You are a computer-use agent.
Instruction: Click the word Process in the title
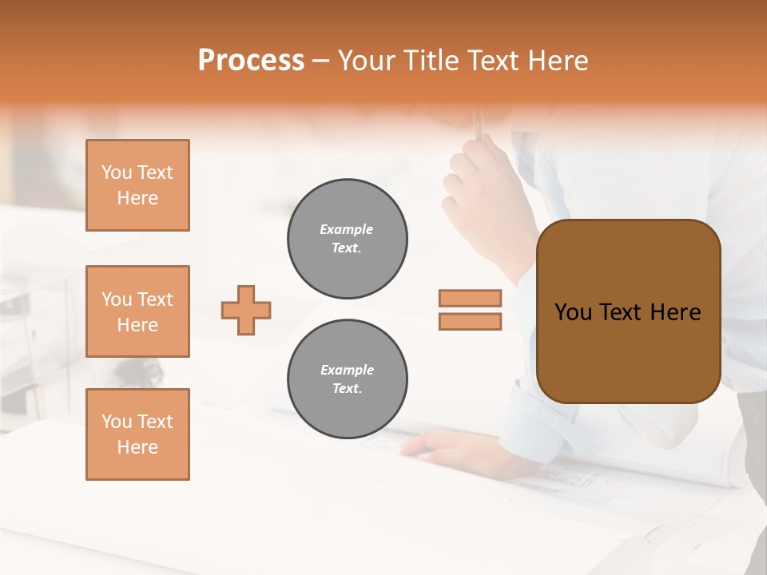click(x=251, y=61)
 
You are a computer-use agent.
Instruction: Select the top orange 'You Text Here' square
click(x=137, y=185)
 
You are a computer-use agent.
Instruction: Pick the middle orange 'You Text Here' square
click(x=137, y=311)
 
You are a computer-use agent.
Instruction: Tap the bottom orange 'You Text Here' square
click(x=137, y=434)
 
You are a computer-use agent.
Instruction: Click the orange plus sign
click(x=246, y=310)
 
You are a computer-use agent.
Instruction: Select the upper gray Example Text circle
click(x=348, y=239)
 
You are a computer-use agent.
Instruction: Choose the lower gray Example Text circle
click(x=348, y=379)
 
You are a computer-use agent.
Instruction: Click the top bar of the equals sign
click(x=471, y=298)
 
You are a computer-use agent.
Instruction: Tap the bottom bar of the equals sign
click(x=471, y=321)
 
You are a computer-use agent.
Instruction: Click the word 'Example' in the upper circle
click(x=347, y=229)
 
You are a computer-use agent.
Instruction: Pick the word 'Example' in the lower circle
click(x=347, y=370)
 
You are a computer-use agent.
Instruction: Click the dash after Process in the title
click(x=321, y=61)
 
